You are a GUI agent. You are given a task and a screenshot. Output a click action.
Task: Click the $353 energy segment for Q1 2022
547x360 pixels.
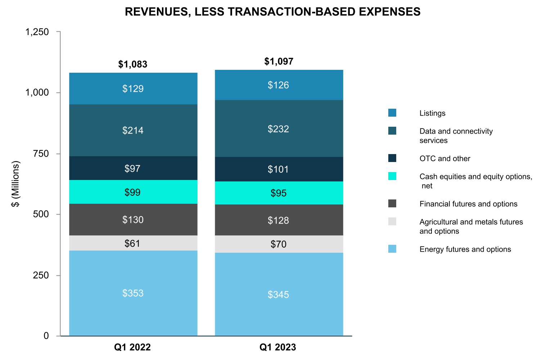coord(133,293)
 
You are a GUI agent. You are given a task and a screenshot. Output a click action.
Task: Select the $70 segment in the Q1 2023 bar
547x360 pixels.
coord(279,244)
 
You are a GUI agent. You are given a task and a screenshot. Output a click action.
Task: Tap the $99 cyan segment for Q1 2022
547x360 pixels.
coord(133,192)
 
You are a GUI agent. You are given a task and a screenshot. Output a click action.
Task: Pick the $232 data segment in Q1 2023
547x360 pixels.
coord(279,129)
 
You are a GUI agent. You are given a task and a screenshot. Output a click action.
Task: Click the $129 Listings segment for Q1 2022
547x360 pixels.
coord(133,89)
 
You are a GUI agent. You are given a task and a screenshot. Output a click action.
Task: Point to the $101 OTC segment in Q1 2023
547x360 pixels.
coord(279,169)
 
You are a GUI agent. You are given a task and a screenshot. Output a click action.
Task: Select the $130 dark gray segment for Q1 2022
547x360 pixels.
coord(133,220)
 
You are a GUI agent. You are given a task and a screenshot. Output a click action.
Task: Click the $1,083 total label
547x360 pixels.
coord(133,64)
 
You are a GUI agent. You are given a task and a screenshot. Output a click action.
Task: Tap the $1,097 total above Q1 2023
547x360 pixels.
coord(279,62)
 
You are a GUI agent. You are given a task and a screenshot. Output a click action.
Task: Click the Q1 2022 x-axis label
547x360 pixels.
coord(132,347)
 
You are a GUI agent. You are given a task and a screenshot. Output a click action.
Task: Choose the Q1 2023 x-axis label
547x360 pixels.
coord(278,347)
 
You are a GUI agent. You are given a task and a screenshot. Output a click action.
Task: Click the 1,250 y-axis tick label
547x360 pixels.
coord(37,32)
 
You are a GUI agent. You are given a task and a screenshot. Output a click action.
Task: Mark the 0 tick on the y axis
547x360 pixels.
coord(46,336)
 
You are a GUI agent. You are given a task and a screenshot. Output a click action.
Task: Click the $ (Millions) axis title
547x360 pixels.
coord(16,184)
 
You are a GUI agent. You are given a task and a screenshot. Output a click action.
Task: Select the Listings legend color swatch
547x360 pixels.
coord(392,113)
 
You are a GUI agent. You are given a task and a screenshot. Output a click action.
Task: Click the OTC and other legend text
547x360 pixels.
coord(445,158)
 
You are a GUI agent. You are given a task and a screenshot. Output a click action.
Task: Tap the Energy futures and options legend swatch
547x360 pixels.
coord(392,249)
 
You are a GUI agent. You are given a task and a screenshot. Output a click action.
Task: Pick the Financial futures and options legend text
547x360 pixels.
coord(468,204)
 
